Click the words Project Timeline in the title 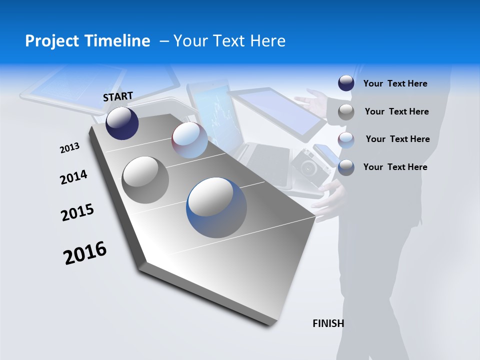[87, 41]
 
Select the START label [118, 96]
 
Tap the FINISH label [328, 323]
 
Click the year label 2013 [69, 148]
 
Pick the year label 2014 [73, 177]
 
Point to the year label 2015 [77, 212]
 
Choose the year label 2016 [85, 253]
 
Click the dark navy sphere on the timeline [122, 123]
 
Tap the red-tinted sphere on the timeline [189, 140]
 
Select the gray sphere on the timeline [145, 180]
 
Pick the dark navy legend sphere [346, 83]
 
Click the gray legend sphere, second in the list [346, 111]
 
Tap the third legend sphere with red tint [346, 139]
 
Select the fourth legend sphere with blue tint [346, 167]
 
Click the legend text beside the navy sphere [395, 83]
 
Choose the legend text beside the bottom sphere [395, 167]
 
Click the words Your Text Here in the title [229, 41]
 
